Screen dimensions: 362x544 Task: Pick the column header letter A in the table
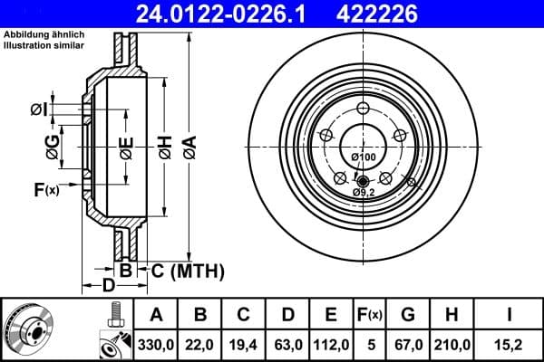click(156, 315)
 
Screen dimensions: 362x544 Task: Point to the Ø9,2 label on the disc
click(364, 192)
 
